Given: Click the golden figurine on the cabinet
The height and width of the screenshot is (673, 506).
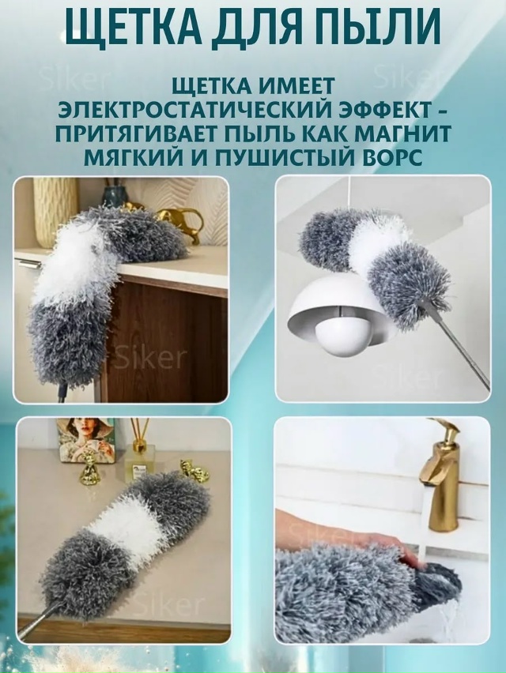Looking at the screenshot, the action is tap(178, 217).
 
